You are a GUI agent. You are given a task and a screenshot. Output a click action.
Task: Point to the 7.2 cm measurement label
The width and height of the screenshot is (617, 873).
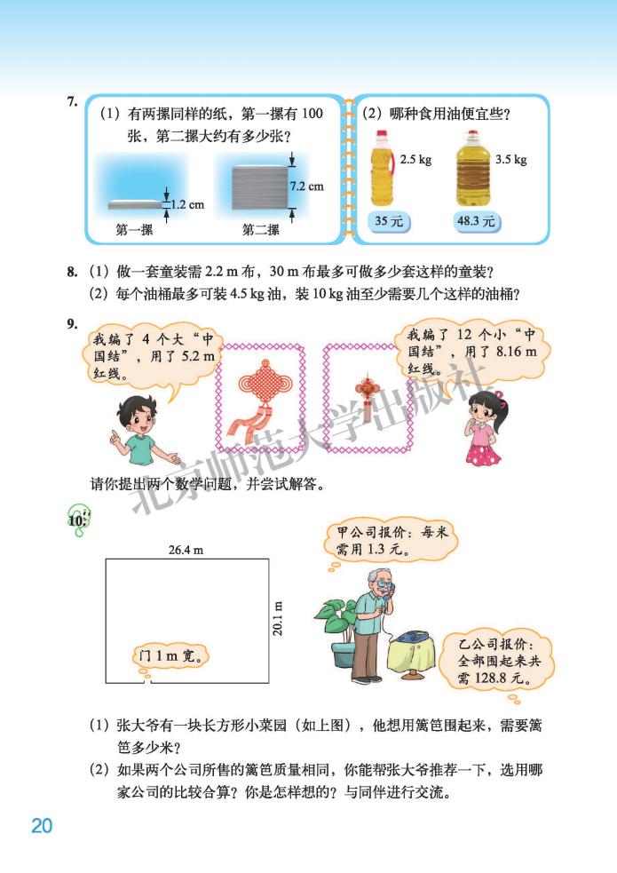pos(307,187)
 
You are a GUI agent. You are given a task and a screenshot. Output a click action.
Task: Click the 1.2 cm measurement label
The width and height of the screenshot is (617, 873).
pos(186,204)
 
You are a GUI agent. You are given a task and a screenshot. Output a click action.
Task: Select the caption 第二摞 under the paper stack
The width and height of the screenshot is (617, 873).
pos(261,230)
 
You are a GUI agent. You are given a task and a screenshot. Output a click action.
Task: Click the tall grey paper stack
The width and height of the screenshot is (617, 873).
pos(259,187)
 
